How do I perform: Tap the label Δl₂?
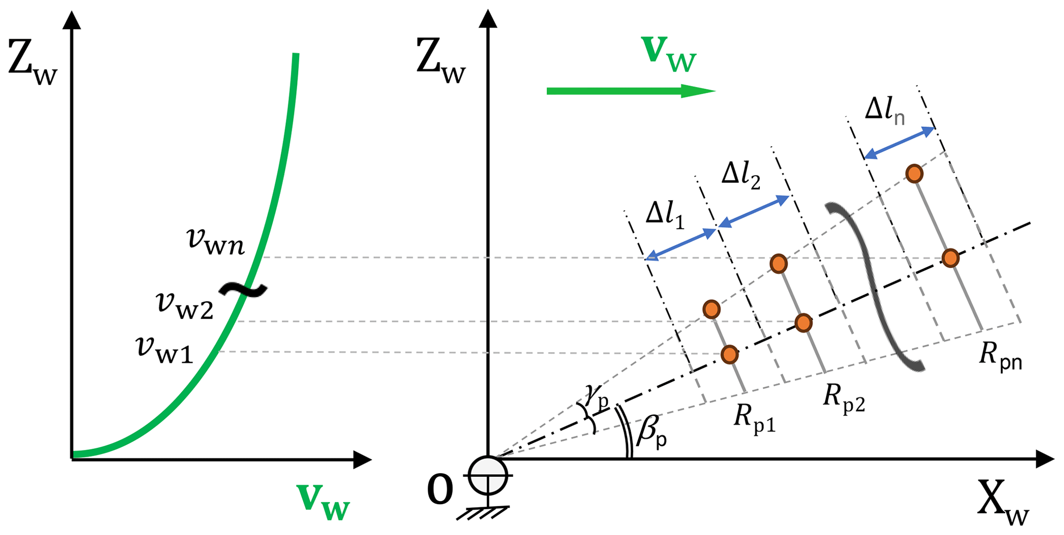(740, 176)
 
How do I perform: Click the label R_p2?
(843, 398)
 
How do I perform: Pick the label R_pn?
(1000, 356)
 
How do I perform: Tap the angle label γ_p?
(596, 396)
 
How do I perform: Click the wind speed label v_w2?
(185, 305)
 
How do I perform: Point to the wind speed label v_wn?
(215, 241)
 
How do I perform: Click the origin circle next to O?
(487, 475)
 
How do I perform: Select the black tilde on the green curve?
(243, 290)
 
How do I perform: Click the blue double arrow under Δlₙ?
(899, 143)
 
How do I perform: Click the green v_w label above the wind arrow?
(669, 54)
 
